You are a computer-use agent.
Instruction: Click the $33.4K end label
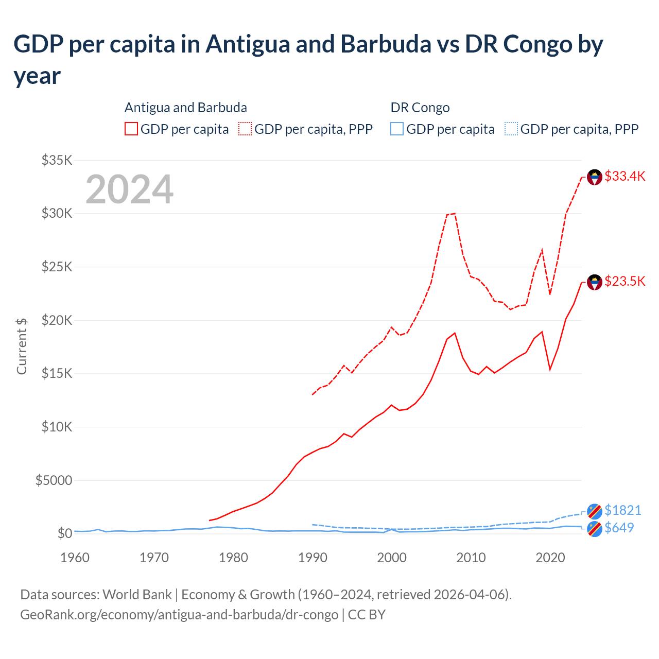(625, 177)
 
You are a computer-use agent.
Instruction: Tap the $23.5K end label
(625, 282)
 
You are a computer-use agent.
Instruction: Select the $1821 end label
(622, 510)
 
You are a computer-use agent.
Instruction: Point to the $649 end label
(619, 528)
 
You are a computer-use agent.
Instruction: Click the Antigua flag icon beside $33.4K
(595, 177)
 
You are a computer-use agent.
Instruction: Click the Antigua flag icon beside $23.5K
(595, 282)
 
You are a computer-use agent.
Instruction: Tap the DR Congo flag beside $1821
(595, 511)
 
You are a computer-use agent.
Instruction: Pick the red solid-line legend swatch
(131, 129)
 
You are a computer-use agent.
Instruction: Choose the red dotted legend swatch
(245, 129)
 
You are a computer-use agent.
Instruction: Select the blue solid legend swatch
(397, 129)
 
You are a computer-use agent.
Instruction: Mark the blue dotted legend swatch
(511, 129)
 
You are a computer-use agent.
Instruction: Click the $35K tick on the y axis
(57, 160)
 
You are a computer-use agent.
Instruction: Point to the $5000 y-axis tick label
(54, 480)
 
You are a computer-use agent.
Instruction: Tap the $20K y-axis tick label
(57, 320)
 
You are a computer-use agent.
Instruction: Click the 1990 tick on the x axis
(313, 558)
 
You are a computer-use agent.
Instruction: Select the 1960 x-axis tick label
(75, 558)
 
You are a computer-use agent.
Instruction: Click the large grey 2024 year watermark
(129, 189)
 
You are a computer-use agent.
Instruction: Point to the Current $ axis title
(22, 346)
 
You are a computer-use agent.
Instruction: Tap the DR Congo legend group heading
(420, 108)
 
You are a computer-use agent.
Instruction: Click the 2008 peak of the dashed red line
(455, 213)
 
